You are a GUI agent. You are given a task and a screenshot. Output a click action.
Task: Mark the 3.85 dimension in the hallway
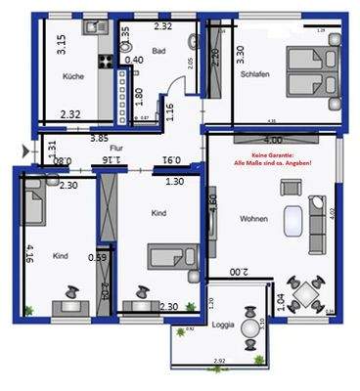100,138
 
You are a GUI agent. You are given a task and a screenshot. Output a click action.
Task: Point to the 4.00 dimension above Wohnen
273,141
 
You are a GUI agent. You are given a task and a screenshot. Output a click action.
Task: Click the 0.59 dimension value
96,257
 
